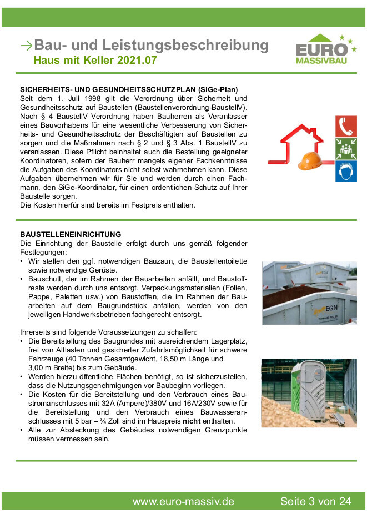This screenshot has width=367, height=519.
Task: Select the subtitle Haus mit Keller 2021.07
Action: pyautogui.click(x=95, y=60)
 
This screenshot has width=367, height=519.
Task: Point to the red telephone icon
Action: pyautogui.click(x=346, y=127)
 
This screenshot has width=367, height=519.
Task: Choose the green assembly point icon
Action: pyautogui.click(x=346, y=149)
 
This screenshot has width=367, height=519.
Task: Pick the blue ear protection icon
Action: pyautogui.click(x=346, y=172)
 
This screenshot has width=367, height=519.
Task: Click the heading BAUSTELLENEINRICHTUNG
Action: pyautogui.click(x=71, y=234)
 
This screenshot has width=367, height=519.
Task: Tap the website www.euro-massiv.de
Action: pyautogui.click(x=183, y=501)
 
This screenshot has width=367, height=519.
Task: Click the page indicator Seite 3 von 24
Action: pyautogui.click(x=315, y=501)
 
